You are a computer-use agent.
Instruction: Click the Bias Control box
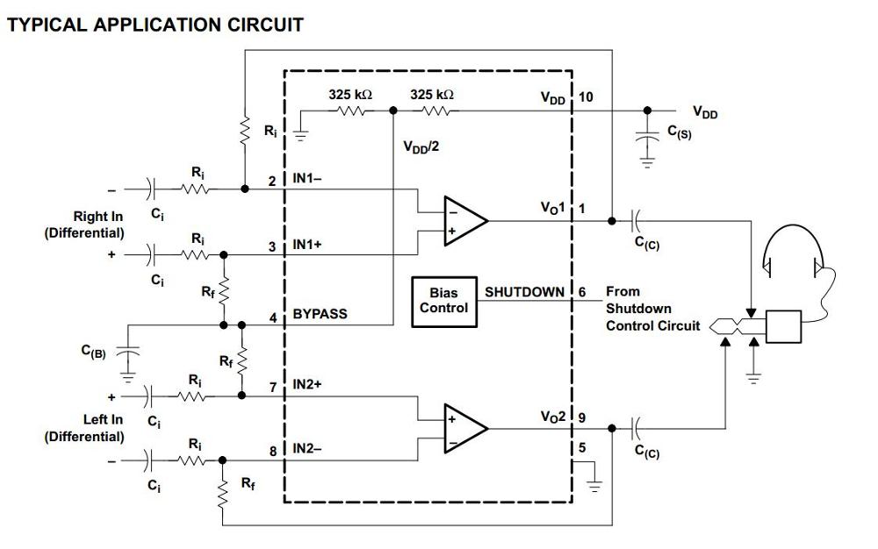(x=443, y=300)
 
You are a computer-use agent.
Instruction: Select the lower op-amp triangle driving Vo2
(x=464, y=429)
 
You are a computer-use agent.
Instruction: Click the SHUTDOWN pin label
(x=524, y=291)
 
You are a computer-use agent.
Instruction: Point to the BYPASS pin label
(x=320, y=314)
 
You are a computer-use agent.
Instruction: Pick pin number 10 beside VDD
(x=586, y=96)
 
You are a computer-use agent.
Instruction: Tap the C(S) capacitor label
(x=679, y=133)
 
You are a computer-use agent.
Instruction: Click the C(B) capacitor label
(x=93, y=352)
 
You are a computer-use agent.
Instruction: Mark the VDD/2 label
(x=421, y=147)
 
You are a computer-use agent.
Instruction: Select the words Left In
(x=103, y=419)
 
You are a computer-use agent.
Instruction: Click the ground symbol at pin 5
(x=595, y=484)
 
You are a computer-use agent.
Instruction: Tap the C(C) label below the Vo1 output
(x=647, y=246)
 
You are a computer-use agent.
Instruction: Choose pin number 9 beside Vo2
(x=582, y=417)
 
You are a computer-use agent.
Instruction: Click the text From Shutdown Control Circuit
(x=652, y=308)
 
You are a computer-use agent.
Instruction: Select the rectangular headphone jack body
(x=783, y=326)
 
